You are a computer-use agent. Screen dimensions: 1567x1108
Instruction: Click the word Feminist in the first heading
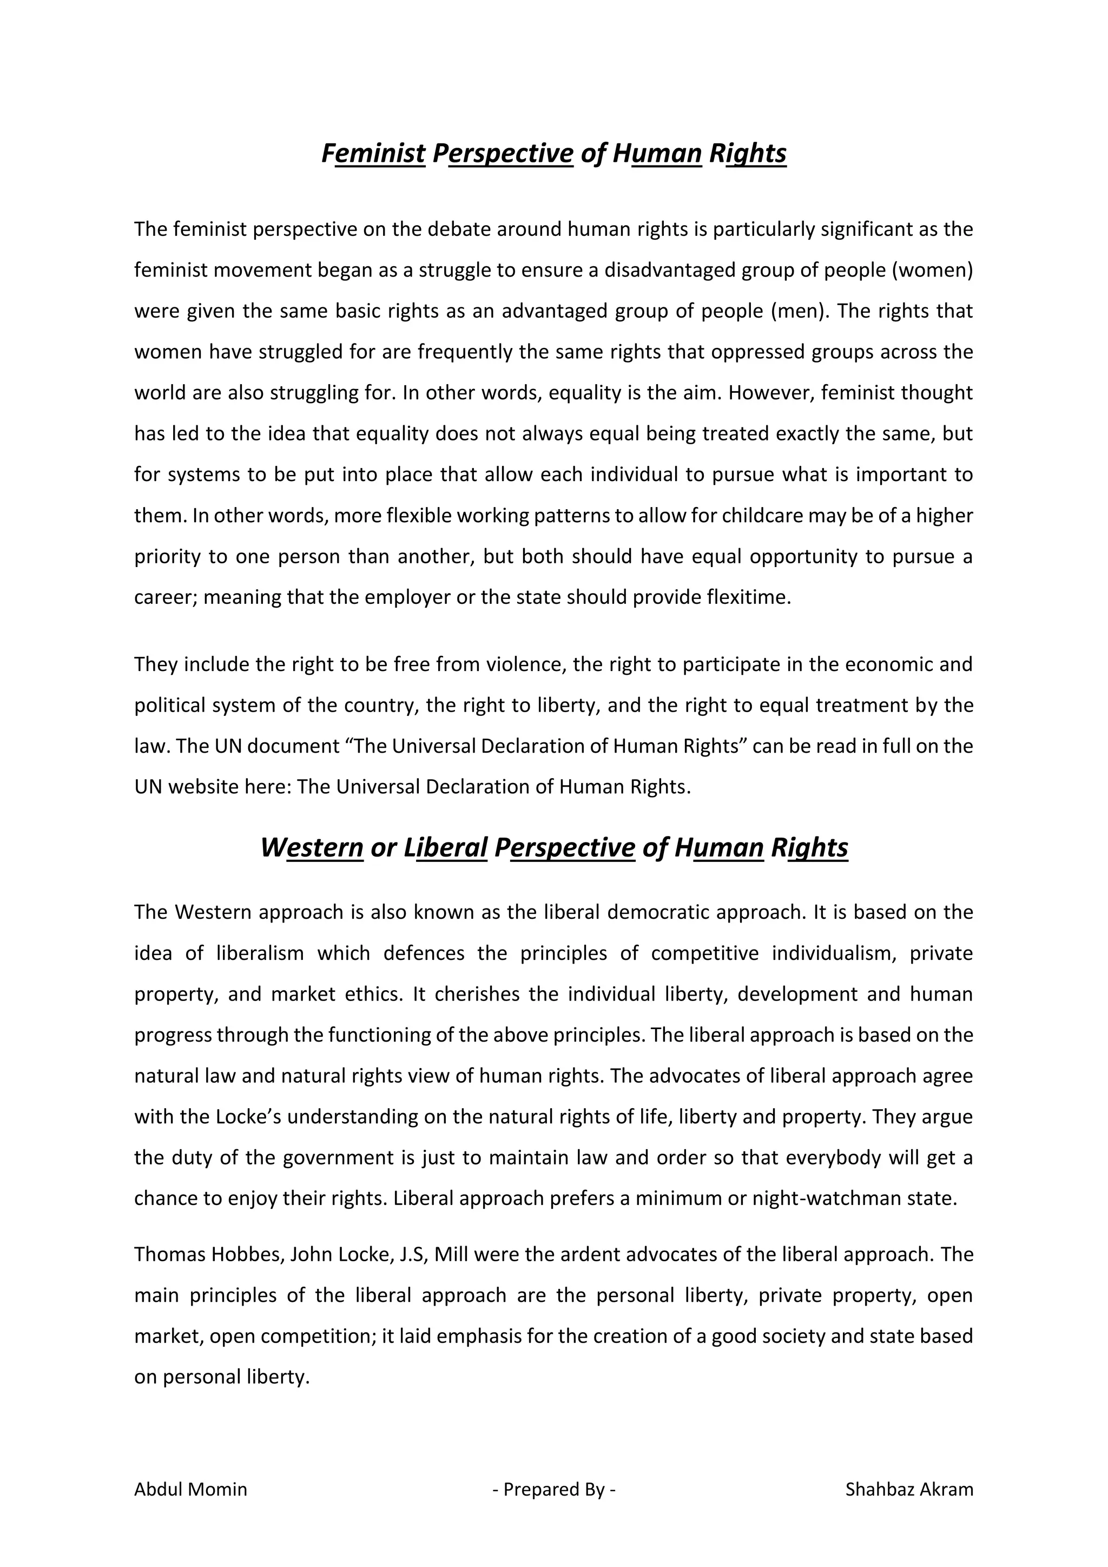click(x=373, y=154)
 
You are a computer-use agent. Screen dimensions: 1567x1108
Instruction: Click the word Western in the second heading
click(x=312, y=848)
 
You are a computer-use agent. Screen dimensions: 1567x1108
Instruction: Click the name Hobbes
click(x=239, y=1254)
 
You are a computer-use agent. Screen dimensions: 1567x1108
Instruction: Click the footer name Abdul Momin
click(x=190, y=1489)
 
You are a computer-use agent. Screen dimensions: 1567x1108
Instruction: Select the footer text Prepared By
click(x=553, y=1489)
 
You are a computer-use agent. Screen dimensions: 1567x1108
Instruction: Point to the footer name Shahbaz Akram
click(x=909, y=1489)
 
